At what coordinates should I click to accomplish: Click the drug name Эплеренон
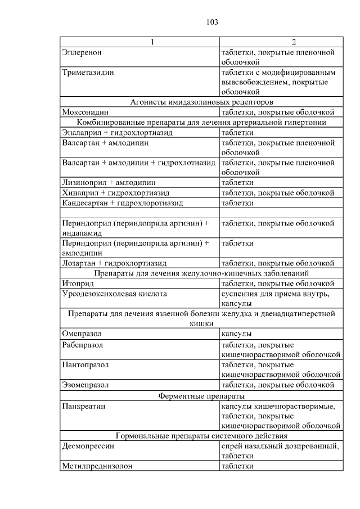tap(82, 52)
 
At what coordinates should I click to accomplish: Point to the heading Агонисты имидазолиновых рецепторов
tap(201, 102)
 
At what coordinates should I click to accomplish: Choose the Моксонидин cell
tap(85, 112)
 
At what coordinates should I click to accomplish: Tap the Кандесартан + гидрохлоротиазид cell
tap(123, 202)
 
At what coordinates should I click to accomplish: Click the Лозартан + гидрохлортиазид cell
tap(114, 263)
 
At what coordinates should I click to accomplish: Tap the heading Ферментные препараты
tap(201, 395)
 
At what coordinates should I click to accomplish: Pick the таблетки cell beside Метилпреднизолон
tap(237, 466)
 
